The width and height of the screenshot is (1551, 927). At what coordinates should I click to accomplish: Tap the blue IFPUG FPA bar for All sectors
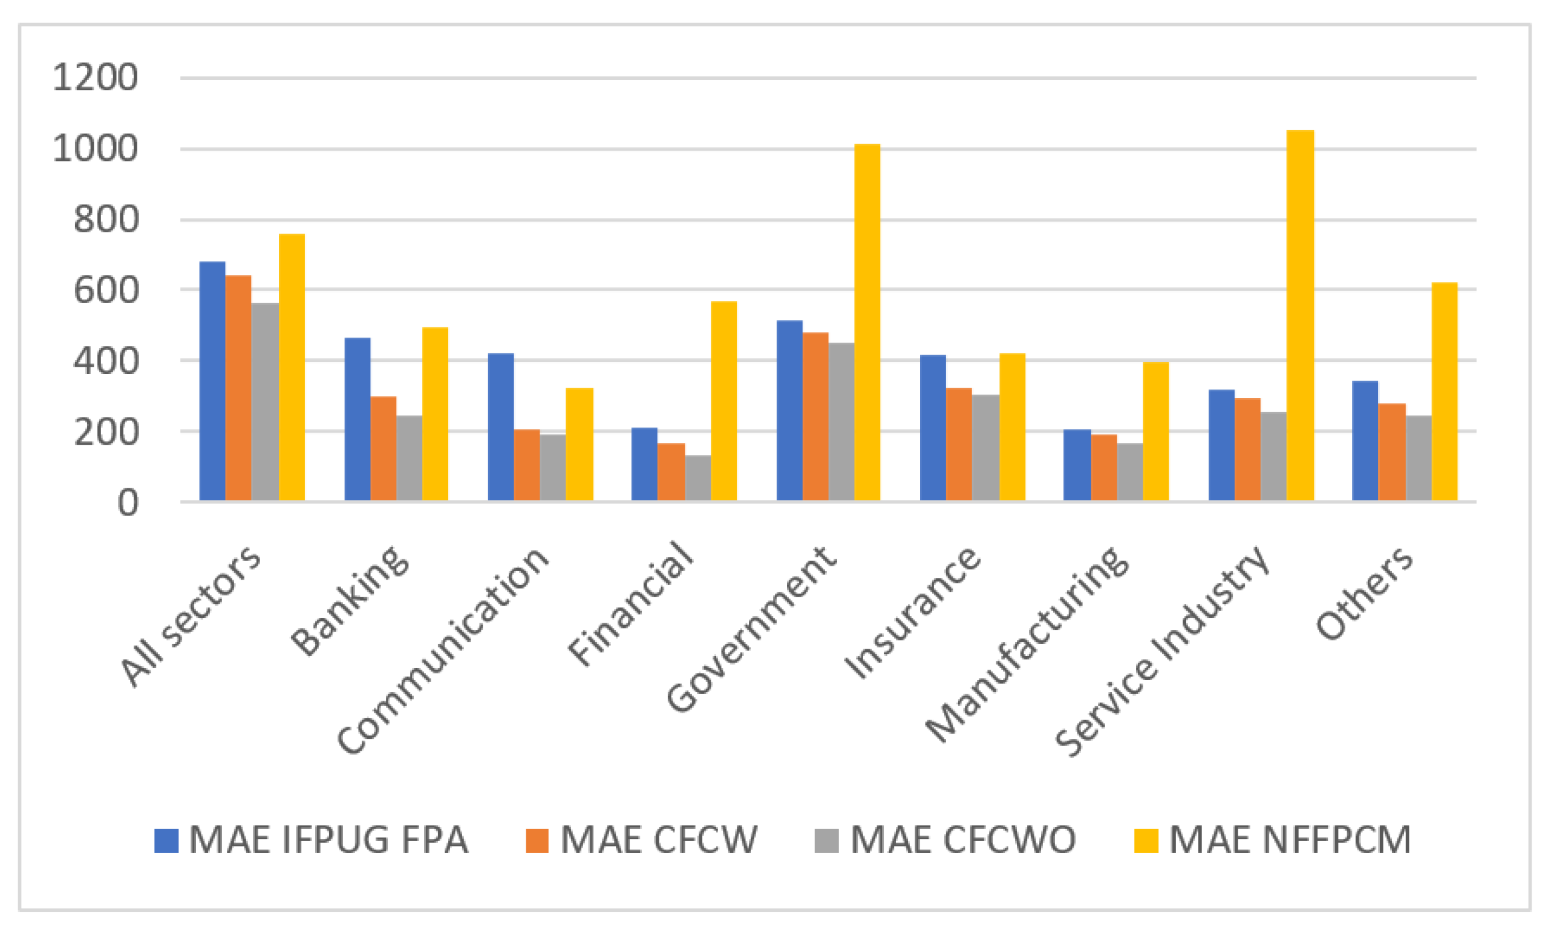click(212, 381)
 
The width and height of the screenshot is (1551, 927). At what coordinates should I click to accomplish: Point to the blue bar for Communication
click(501, 427)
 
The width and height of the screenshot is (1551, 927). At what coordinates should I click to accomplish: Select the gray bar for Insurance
click(985, 447)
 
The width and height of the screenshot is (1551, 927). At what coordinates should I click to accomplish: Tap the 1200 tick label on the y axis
click(95, 78)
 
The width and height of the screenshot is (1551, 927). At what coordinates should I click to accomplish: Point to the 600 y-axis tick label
click(105, 290)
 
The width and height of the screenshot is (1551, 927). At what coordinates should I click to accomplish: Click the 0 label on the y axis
click(128, 503)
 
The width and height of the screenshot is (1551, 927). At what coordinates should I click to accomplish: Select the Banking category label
click(350, 600)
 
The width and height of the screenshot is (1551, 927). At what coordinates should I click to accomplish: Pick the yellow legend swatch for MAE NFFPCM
click(1146, 841)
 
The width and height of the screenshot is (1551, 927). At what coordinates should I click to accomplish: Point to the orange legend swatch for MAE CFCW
click(537, 841)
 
